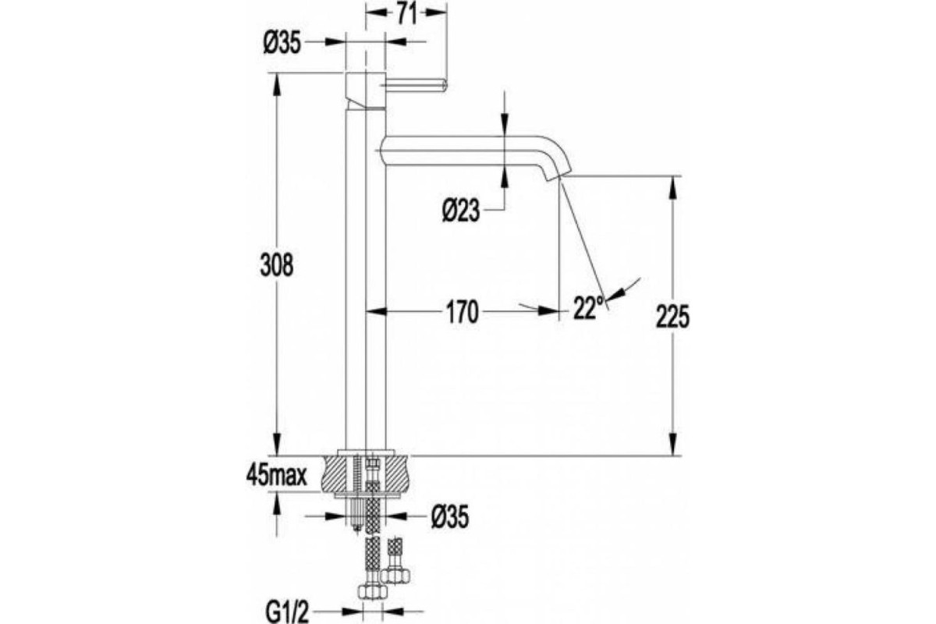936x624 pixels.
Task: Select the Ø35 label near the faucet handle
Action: (282, 44)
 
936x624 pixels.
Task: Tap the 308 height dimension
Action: (277, 265)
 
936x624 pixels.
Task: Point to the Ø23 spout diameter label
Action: (461, 211)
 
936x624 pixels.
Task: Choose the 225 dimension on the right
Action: (672, 317)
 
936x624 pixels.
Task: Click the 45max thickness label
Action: (277, 476)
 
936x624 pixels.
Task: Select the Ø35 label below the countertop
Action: (450, 517)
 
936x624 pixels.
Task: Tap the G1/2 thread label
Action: (287, 613)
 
